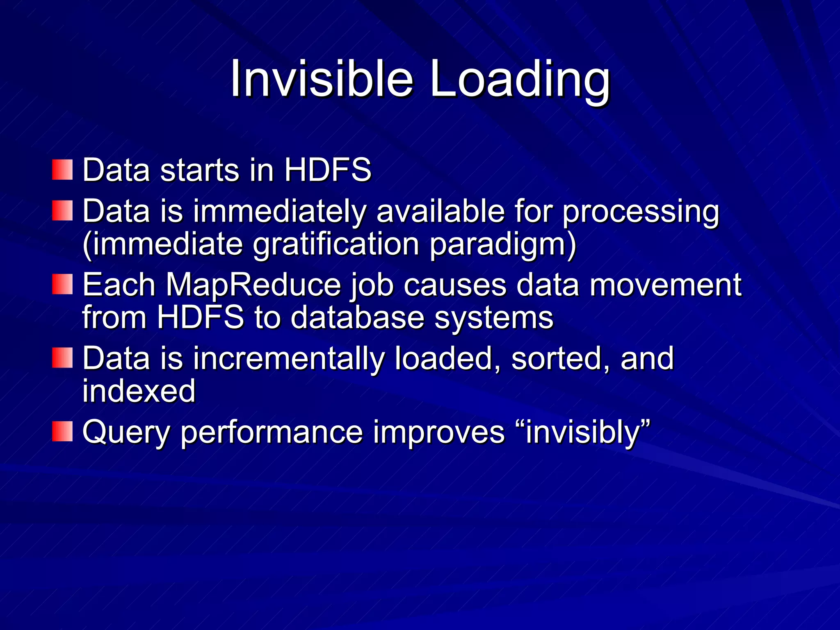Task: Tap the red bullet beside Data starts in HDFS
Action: click(62, 170)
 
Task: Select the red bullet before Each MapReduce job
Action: click(62, 284)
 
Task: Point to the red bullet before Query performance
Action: click(62, 431)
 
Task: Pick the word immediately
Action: click(279, 212)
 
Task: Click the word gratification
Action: click(336, 245)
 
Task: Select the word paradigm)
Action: click(503, 245)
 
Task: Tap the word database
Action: click(357, 317)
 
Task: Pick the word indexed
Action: click(139, 390)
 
